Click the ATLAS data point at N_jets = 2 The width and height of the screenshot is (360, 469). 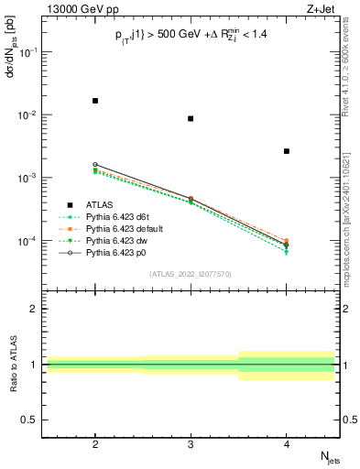(95, 101)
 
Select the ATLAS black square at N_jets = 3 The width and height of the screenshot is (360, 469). (191, 118)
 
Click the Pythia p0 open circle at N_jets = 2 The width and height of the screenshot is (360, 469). (95, 165)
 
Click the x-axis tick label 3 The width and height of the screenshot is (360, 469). (191, 442)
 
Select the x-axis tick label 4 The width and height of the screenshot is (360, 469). (287, 442)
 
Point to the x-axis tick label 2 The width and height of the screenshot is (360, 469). (95, 442)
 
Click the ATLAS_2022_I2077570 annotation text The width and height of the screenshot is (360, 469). (191, 274)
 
